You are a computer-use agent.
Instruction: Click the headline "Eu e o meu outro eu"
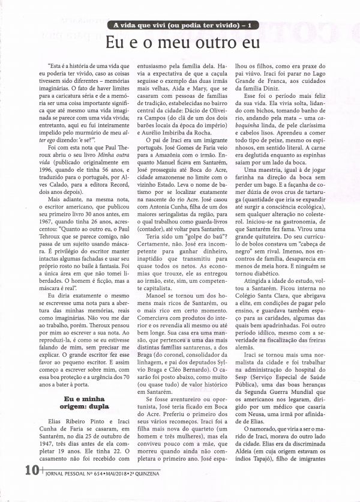(183, 43)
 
